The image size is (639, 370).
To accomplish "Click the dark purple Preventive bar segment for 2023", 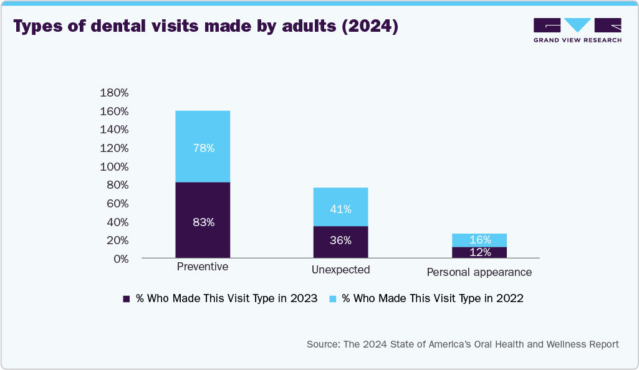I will pyautogui.click(x=203, y=206).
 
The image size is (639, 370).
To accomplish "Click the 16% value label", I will pyautogui.click(x=479, y=240).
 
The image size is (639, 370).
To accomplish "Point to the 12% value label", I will pyautogui.click(x=479, y=252).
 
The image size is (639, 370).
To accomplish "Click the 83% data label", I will pyautogui.click(x=203, y=222).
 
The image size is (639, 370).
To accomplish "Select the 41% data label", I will pyautogui.click(x=340, y=209).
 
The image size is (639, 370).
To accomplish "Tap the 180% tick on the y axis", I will pyautogui.click(x=114, y=93).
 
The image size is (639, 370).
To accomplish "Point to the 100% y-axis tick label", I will pyautogui.click(x=114, y=167).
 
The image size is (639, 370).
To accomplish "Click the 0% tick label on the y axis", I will pyautogui.click(x=120, y=259).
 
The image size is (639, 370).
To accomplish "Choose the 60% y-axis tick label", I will pyautogui.click(x=117, y=204).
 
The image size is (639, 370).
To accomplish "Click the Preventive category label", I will pyautogui.click(x=203, y=267).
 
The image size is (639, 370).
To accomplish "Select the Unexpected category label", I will pyautogui.click(x=340, y=270).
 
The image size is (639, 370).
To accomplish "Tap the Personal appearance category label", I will pyautogui.click(x=479, y=272).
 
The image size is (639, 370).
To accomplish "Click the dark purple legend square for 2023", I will pyautogui.click(x=126, y=299).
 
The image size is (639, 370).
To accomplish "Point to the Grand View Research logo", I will pyautogui.click(x=577, y=30).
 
